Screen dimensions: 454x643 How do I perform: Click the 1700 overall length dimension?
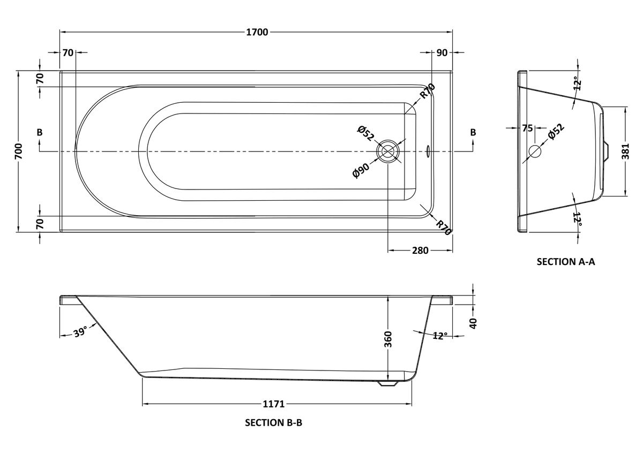(257, 32)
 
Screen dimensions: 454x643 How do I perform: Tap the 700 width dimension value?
(18, 152)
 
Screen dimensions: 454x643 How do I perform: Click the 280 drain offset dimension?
(420, 251)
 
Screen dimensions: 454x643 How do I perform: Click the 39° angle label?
(80, 332)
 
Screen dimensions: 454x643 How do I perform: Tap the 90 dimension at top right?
(442, 52)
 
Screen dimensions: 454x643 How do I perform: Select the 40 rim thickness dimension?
(473, 323)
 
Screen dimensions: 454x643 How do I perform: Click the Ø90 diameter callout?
(361, 170)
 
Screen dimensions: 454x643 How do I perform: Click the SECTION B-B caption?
(274, 422)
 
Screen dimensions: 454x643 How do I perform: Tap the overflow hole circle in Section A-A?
(535, 152)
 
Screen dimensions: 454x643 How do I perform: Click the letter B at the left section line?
(40, 132)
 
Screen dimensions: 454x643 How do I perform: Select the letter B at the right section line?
(473, 132)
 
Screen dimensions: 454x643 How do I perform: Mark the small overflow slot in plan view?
(428, 152)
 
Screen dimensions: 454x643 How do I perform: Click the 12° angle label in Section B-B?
(439, 336)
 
